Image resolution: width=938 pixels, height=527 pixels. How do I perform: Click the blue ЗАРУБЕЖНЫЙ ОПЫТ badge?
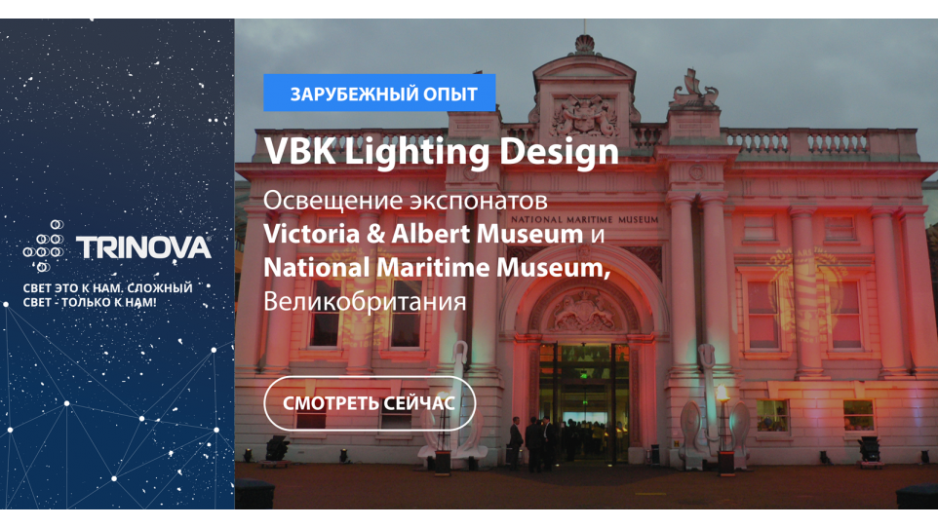(x=379, y=93)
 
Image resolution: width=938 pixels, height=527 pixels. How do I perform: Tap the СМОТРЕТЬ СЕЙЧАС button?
(x=370, y=403)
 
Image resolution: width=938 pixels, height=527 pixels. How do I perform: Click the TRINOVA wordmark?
(x=143, y=247)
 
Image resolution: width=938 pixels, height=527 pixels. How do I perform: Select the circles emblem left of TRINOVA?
(x=44, y=245)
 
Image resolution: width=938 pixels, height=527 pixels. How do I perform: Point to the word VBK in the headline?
(x=300, y=151)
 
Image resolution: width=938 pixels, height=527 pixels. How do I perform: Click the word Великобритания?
(x=365, y=301)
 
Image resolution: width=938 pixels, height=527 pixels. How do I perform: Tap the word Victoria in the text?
(x=312, y=233)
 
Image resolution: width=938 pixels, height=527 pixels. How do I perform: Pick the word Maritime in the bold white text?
(x=433, y=267)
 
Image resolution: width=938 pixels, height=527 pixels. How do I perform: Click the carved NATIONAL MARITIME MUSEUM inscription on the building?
(x=584, y=219)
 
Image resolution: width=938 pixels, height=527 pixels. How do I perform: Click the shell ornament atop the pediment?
(x=584, y=44)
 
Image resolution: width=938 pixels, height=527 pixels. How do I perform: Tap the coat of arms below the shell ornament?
(x=584, y=115)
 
